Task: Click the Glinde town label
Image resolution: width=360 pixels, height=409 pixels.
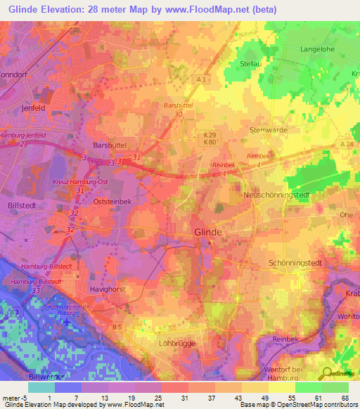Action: pyautogui.click(x=208, y=233)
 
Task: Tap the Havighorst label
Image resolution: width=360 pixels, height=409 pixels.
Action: pyautogui.click(x=108, y=288)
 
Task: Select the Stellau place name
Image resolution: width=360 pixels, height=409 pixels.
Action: pyautogui.click(x=252, y=63)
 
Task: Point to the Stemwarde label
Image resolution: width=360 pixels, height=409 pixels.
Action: pyautogui.click(x=271, y=130)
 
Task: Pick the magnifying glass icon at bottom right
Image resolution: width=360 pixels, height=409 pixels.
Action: pyautogui.click(x=327, y=373)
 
